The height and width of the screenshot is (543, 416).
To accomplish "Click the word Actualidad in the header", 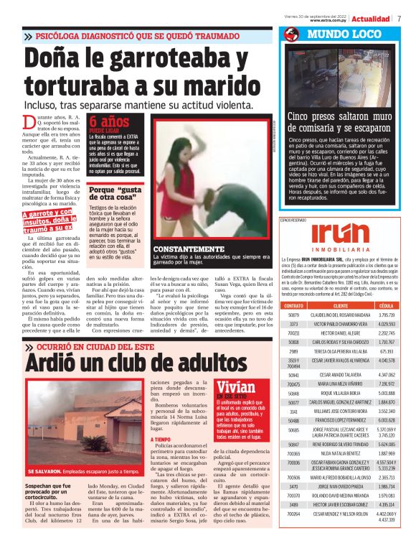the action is (x=370, y=18).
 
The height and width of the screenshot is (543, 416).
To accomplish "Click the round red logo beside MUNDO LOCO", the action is (x=291, y=34).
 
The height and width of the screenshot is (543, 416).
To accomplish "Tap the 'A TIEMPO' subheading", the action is (x=161, y=439).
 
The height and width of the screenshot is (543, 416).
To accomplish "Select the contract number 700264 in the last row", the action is (x=293, y=534).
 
